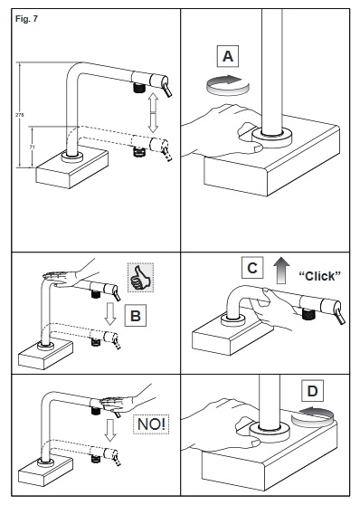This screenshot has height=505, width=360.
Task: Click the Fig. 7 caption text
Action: (x=26, y=19)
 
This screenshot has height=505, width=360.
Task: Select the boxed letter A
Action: (x=228, y=56)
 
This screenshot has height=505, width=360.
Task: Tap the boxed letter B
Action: (x=136, y=315)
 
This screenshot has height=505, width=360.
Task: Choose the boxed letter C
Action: (x=252, y=267)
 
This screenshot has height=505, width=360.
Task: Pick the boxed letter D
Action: (x=312, y=391)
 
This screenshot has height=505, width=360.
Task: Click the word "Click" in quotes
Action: (x=319, y=276)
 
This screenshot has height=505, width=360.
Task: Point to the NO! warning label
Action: (x=151, y=424)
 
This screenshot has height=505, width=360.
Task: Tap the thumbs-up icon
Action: (x=140, y=277)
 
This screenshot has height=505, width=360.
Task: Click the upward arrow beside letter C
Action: (x=281, y=271)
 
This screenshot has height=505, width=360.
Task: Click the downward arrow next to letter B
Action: (x=110, y=314)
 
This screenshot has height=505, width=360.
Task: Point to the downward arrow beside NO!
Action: (x=110, y=430)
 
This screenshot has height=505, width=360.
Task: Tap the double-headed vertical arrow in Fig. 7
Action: (x=153, y=113)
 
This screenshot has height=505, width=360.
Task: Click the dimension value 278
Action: (x=19, y=115)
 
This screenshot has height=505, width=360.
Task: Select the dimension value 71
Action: (x=32, y=147)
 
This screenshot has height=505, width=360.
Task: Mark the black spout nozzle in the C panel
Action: (x=308, y=314)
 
